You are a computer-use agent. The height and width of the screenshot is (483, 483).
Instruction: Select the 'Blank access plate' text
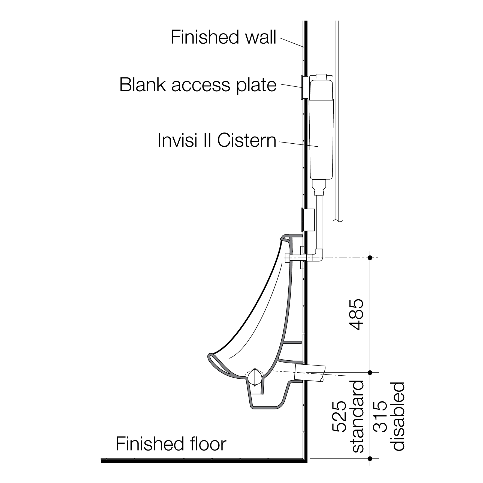[198, 85]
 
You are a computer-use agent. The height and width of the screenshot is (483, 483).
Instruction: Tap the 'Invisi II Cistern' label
[217, 141]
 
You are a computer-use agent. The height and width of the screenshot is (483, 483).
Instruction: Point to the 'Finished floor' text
[171, 444]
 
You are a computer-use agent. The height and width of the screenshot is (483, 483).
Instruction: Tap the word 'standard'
[358, 416]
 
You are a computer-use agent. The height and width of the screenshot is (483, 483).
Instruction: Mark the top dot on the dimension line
[370, 258]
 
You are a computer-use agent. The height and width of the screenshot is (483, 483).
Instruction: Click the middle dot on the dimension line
[370, 372]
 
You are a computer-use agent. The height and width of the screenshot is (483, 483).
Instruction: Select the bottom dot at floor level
[370, 458]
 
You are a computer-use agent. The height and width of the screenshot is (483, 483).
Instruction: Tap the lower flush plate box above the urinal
[309, 220]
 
